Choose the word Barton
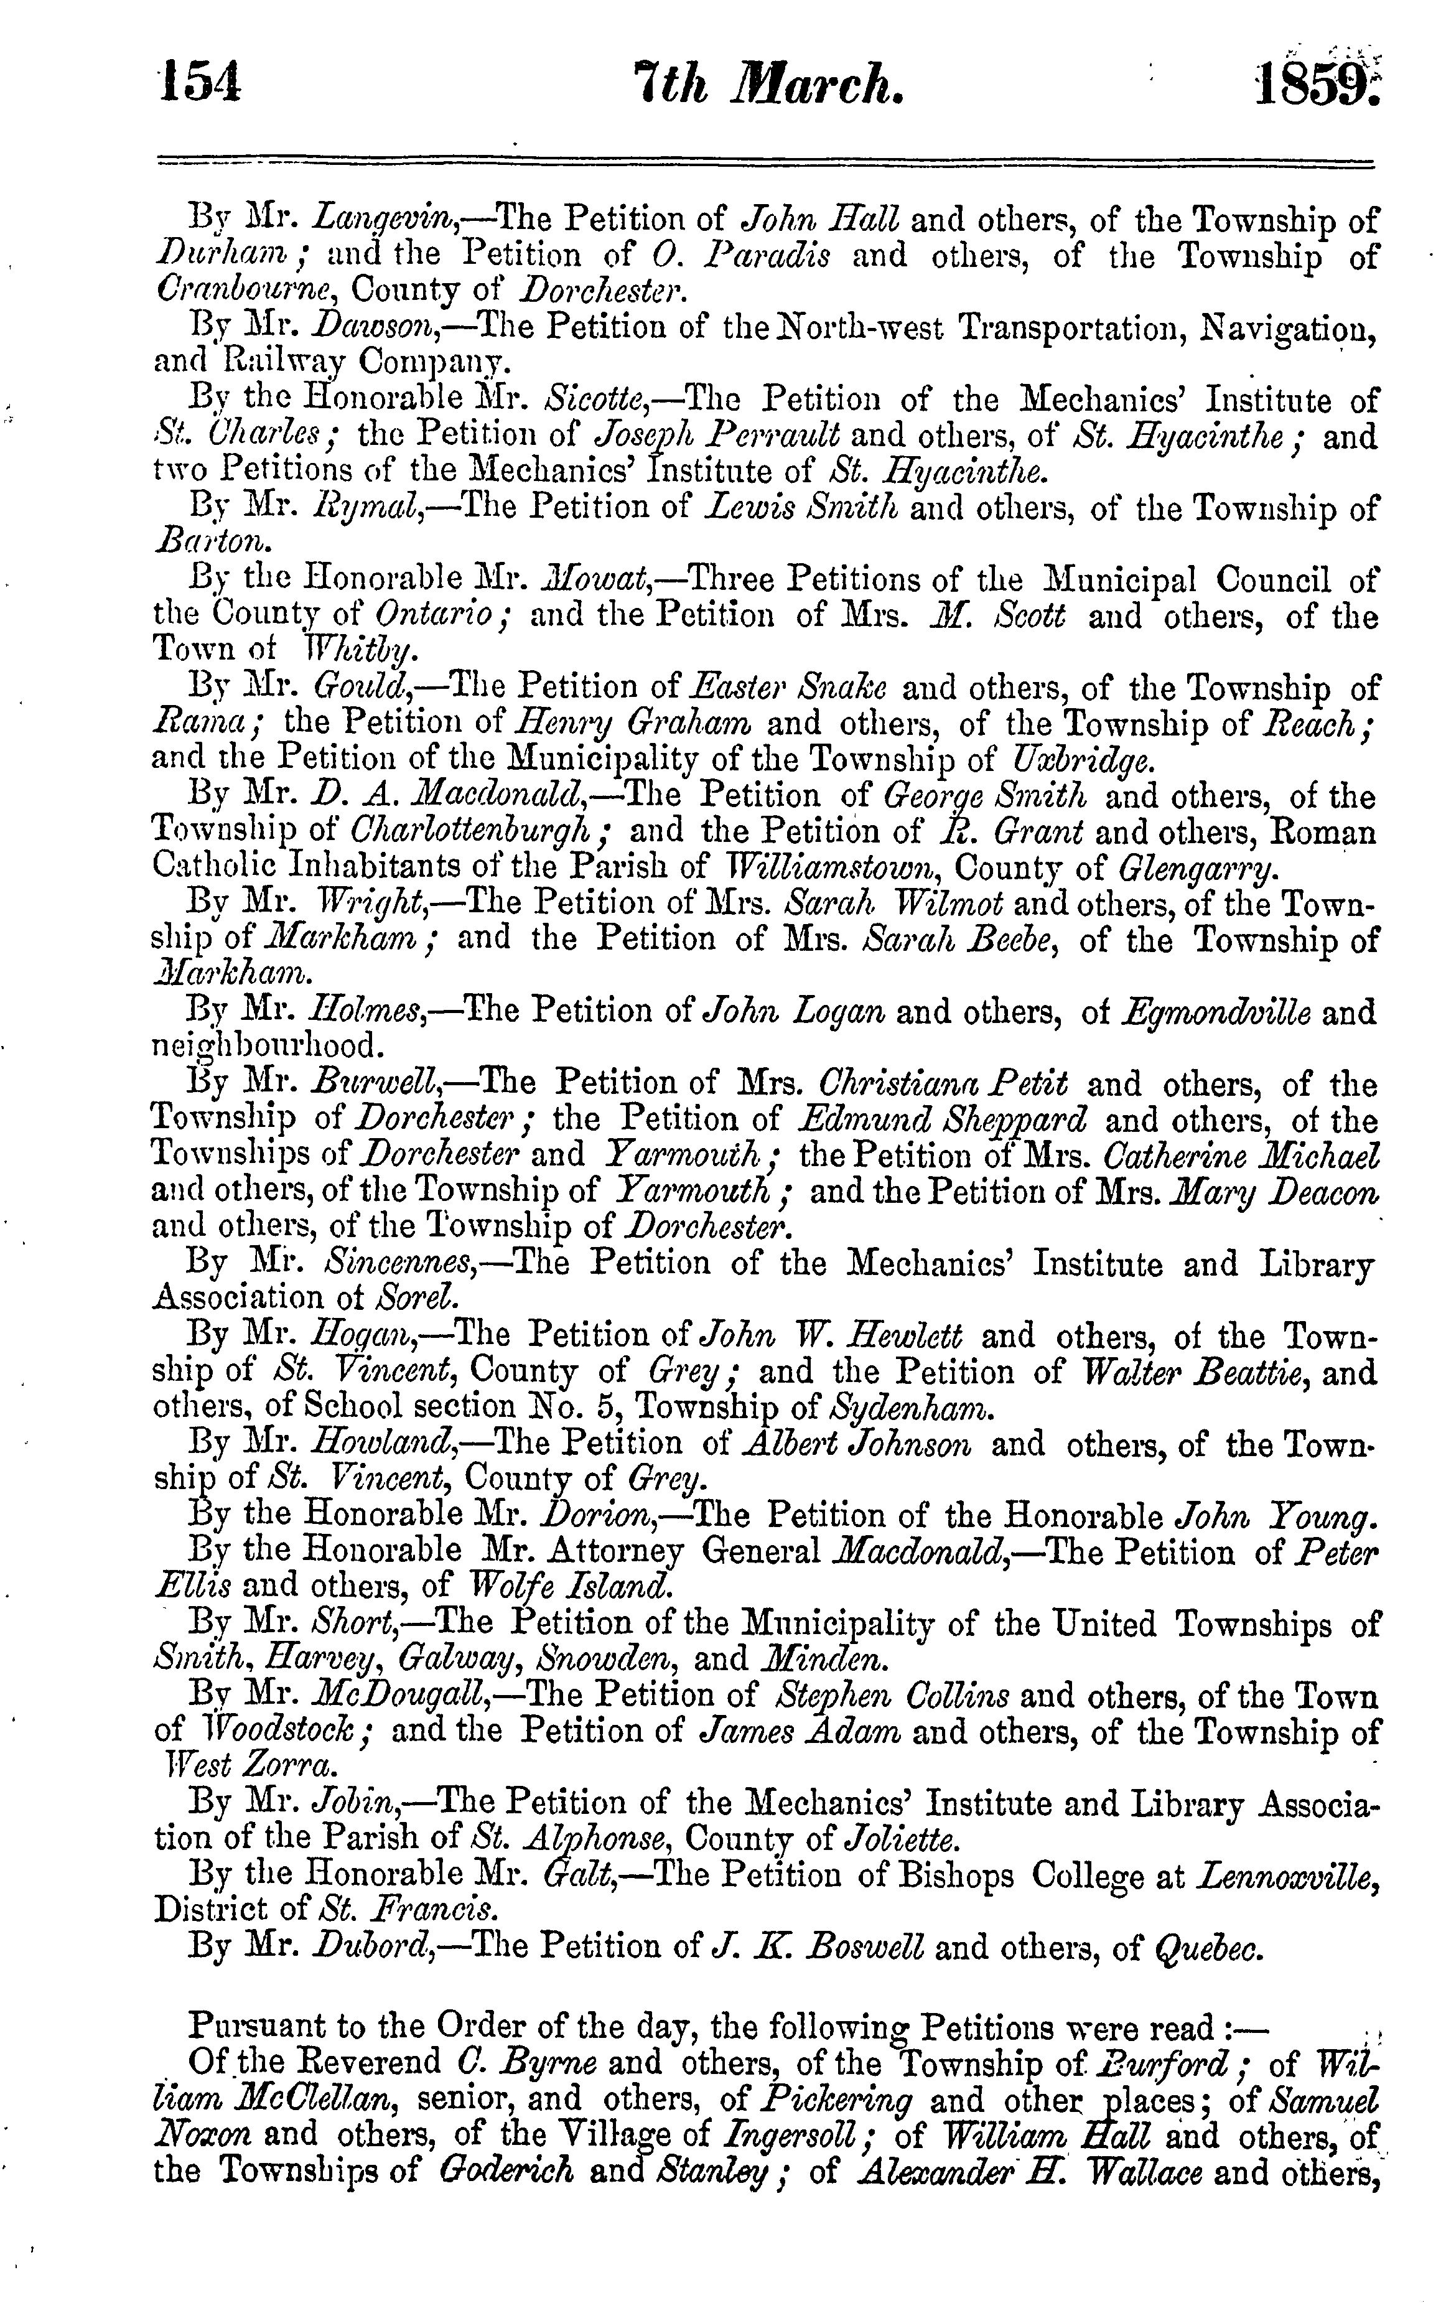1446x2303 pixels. pyautogui.click(x=212, y=542)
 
